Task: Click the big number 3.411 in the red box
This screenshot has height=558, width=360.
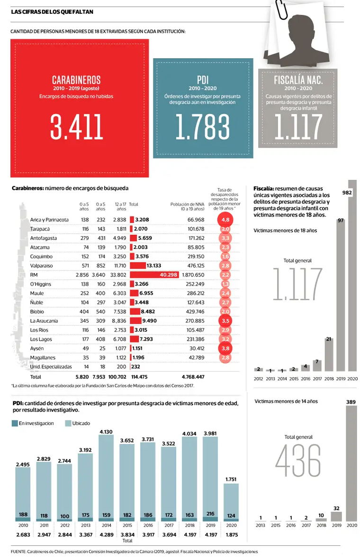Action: (76, 127)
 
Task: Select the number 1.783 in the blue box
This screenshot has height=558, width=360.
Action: (202, 127)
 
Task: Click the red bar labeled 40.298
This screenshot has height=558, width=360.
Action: (153, 275)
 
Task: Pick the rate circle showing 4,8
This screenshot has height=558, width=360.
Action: (225, 220)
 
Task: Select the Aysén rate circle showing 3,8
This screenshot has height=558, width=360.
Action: (225, 348)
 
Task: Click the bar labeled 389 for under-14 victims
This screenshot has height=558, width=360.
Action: (352, 464)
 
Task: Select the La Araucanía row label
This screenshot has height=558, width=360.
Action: (44, 321)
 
